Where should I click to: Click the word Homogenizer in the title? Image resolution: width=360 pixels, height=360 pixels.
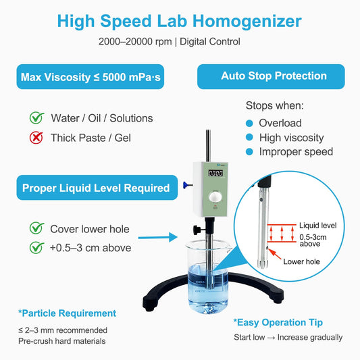[247, 22]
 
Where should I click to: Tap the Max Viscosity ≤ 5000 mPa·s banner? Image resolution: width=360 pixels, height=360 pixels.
[91, 77]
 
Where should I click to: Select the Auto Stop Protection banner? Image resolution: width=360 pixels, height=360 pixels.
[271, 76]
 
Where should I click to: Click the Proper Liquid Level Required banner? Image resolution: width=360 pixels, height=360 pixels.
[97, 188]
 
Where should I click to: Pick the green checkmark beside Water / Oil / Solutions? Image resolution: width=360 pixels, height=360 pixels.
[36, 118]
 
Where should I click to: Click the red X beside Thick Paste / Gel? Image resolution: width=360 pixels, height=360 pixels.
[36, 138]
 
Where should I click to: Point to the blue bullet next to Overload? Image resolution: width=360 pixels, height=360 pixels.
[249, 124]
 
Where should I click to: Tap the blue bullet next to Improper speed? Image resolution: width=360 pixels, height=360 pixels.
[249, 152]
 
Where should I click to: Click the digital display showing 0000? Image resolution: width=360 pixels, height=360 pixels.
[215, 173]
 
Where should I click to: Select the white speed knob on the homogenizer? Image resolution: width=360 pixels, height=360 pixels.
[215, 197]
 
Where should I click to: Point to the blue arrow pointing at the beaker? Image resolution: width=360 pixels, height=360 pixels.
[158, 237]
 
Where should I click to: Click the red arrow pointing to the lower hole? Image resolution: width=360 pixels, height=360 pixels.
[275, 254]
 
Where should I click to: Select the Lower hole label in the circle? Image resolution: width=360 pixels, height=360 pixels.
[301, 261]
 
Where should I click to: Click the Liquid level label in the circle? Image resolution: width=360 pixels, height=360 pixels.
[317, 226]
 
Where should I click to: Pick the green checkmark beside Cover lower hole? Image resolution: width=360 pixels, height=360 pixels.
[36, 228]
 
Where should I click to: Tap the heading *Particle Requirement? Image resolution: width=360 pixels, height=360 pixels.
[68, 313]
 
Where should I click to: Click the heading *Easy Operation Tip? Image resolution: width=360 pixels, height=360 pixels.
[278, 323]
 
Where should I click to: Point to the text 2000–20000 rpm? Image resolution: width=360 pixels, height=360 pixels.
[135, 42]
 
